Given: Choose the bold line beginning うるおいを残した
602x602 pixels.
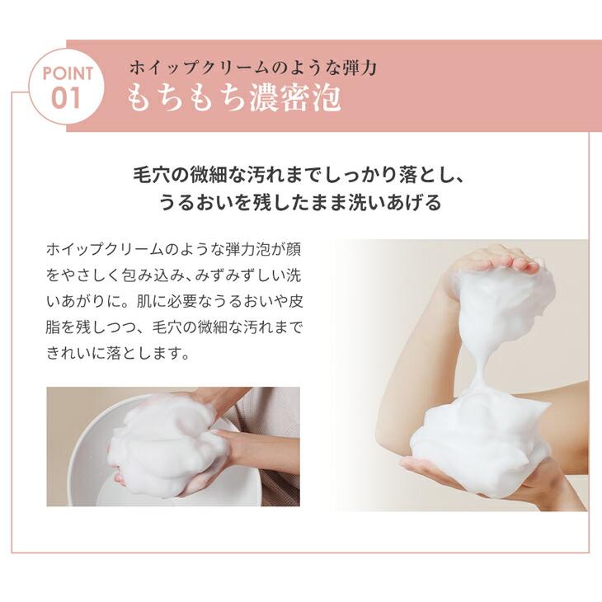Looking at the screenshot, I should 300,203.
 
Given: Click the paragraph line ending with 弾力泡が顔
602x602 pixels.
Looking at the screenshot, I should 174,248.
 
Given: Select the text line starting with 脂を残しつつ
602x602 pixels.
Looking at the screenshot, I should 174,328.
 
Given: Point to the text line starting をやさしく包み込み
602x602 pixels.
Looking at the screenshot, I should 174,275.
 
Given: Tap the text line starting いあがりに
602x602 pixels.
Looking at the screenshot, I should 174,301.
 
